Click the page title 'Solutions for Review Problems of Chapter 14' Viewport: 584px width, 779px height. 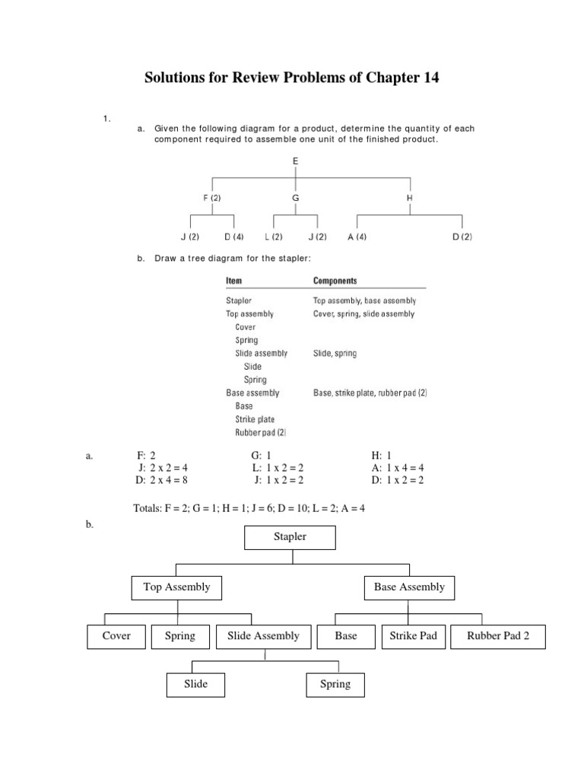(292, 78)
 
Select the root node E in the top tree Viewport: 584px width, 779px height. (295, 161)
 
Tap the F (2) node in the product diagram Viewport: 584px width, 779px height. (212, 198)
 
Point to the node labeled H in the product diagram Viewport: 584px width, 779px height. (411, 198)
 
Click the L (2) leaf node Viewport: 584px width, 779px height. (273, 237)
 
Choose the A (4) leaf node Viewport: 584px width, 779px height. (357, 237)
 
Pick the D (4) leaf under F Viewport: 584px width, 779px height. (234, 237)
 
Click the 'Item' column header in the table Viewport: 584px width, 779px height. (234, 281)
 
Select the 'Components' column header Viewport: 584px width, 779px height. (335, 281)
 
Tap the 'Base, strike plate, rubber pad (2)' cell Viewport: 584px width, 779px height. (370, 393)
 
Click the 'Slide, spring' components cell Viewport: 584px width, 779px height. (335, 354)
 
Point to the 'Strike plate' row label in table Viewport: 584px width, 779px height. (255, 419)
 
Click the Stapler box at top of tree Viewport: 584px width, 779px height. (290, 537)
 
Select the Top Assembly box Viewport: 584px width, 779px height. (177, 587)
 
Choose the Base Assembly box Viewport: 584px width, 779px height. (409, 587)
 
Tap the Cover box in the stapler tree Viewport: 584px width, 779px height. (116, 636)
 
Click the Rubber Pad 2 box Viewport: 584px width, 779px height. (498, 637)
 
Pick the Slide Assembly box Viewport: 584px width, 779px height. (263, 636)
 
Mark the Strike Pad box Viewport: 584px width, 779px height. (413, 636)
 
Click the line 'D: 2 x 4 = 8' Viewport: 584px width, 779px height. (163, 481)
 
